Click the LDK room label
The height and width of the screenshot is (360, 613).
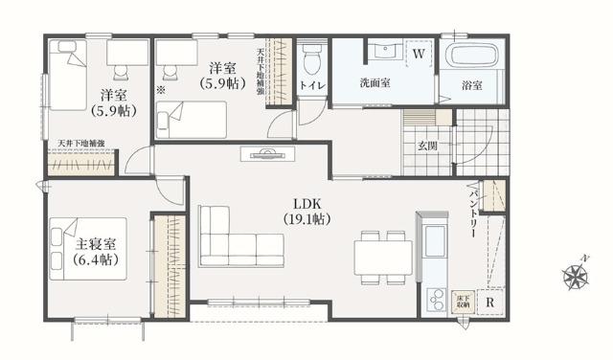(x=307, y=211)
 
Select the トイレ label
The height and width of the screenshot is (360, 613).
(x=312, y=86)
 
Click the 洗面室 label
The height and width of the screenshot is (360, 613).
(x=375, y=83)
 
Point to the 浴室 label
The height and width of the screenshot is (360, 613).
(x=471, y=86)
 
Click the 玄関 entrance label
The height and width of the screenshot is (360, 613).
(x=427, y=146)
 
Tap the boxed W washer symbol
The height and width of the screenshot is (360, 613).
(x=419, y=55)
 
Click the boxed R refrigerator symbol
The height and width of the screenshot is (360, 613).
(x=490, y=304)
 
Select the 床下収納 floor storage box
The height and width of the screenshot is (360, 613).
(x=463, y=301)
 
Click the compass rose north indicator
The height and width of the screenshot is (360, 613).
(x=576, y=277)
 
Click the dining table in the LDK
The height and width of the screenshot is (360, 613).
(x=383, y=257)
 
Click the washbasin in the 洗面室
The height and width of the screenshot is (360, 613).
(x=386, y=50)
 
